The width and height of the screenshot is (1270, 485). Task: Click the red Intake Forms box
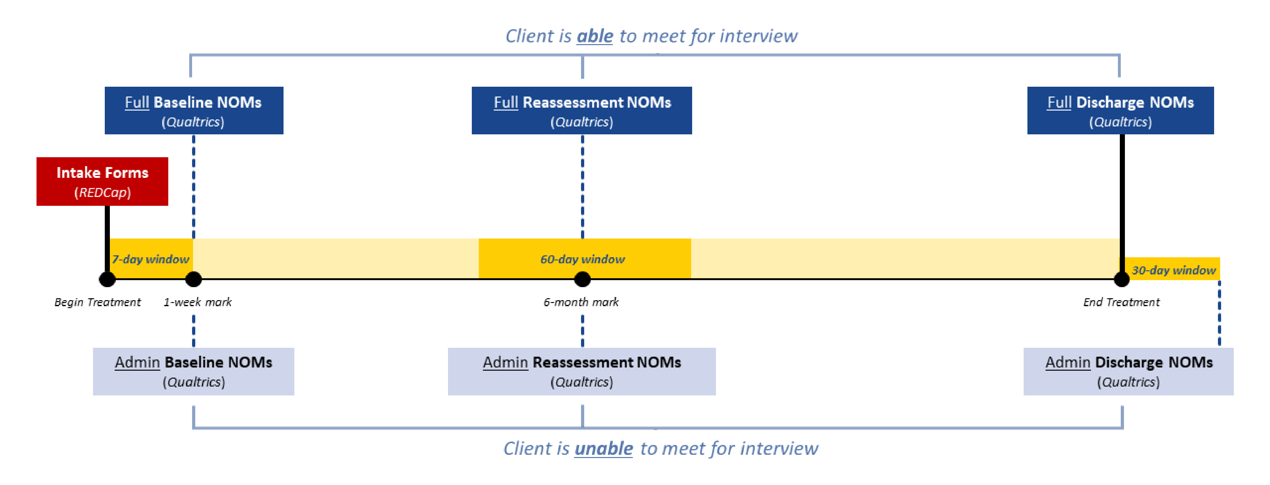tap(102, 181)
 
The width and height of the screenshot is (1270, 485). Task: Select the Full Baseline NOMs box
tap(194, 111)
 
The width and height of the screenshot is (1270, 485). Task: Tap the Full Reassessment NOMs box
tap(582, 111)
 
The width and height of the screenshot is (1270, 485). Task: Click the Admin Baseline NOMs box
tap(193, 372)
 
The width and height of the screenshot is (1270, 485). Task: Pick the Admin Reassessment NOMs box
tap(582, 372)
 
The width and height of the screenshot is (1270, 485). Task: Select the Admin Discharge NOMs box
tap(1128, 372)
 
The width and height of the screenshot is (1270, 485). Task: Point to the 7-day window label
tap(150, 259)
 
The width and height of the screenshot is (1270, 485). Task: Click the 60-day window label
tap(582, 259)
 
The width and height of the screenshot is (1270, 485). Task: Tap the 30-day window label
tap(1173, 270)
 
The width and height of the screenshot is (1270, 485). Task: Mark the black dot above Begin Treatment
tap(107, 279)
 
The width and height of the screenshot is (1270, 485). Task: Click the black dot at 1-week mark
tap(193, 279)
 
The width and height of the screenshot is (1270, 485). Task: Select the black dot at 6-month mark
tap(582, 279)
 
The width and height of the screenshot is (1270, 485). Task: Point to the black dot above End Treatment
tap(1122, 279)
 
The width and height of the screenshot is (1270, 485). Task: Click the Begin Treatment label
tap(97, 302)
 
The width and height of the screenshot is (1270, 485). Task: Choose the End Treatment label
tap(1121, 302)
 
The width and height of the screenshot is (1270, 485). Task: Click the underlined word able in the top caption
tap(595, 36)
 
